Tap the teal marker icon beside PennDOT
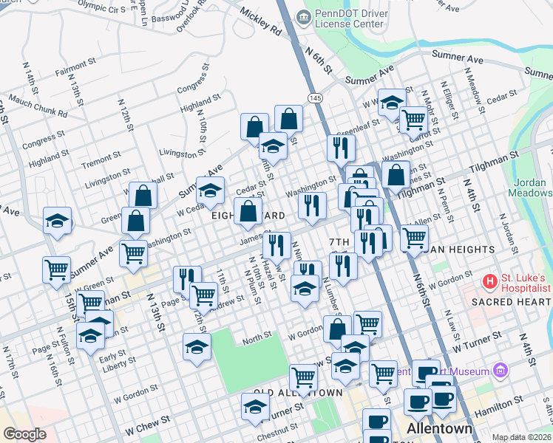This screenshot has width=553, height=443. (302, 17)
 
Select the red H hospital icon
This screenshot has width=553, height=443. (488, 281)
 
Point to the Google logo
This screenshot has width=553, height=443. (24, 434)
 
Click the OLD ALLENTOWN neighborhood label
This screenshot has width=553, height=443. (297, 392)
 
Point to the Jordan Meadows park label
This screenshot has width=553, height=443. (529, 186)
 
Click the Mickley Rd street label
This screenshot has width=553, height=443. (260, 22)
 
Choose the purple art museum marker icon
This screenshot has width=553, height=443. (501, 369)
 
